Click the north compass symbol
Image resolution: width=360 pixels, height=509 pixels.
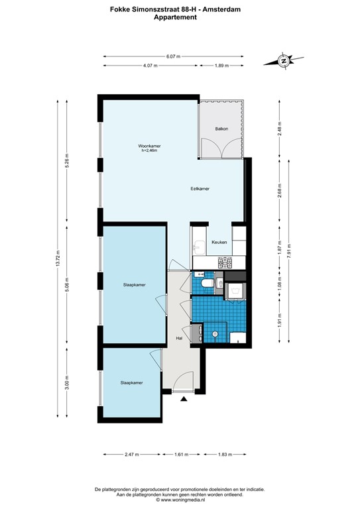[x=284, y=61]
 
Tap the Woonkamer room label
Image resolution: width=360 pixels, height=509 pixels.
[x=149, y=146]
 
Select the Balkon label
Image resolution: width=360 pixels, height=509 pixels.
[x=221, y=129]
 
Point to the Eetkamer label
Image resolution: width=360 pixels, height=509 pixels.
[x=200, y=189]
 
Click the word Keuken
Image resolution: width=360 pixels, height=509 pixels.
[x=219, y=242]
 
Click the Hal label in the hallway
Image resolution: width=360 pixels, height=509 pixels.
[x=178, y=339]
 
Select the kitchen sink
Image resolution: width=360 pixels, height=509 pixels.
[x=200, y=262]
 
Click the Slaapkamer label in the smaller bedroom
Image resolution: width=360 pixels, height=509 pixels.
[x=131, y=382]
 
